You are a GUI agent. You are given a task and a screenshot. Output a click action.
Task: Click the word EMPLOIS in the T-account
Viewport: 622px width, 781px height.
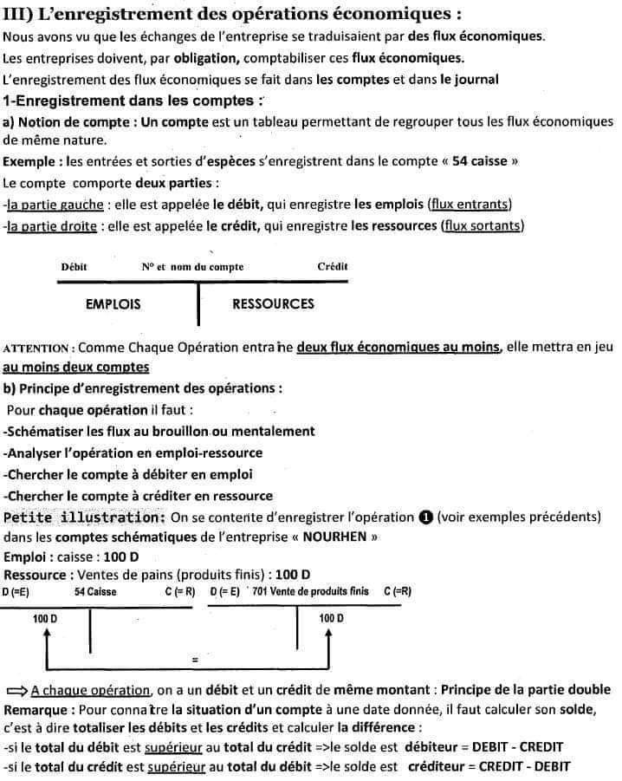coord(113,304)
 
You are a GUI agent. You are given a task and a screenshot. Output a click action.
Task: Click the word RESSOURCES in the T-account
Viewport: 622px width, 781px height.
coord(273,304)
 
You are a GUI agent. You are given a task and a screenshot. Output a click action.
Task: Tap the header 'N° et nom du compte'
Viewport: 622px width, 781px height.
coord(192,267)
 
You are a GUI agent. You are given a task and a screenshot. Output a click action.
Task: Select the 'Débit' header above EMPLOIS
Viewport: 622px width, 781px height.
coord(74,267)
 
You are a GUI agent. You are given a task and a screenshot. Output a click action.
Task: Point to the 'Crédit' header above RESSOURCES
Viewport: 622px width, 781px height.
coord(333,267)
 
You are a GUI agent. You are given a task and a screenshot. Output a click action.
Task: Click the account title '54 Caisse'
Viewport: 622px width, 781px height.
coord(95,592)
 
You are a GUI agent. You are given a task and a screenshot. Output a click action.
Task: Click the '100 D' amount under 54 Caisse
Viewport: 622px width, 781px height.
coord(45,619)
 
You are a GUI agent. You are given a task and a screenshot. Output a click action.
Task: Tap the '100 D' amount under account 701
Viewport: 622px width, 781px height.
coord(331,619)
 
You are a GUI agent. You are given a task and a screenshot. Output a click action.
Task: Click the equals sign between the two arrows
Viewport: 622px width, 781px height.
coord(196,661)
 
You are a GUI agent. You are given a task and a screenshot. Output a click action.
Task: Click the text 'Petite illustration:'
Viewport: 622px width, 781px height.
coord(85,517)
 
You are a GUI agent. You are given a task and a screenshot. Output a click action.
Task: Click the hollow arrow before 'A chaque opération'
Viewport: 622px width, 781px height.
coord(16,691)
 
